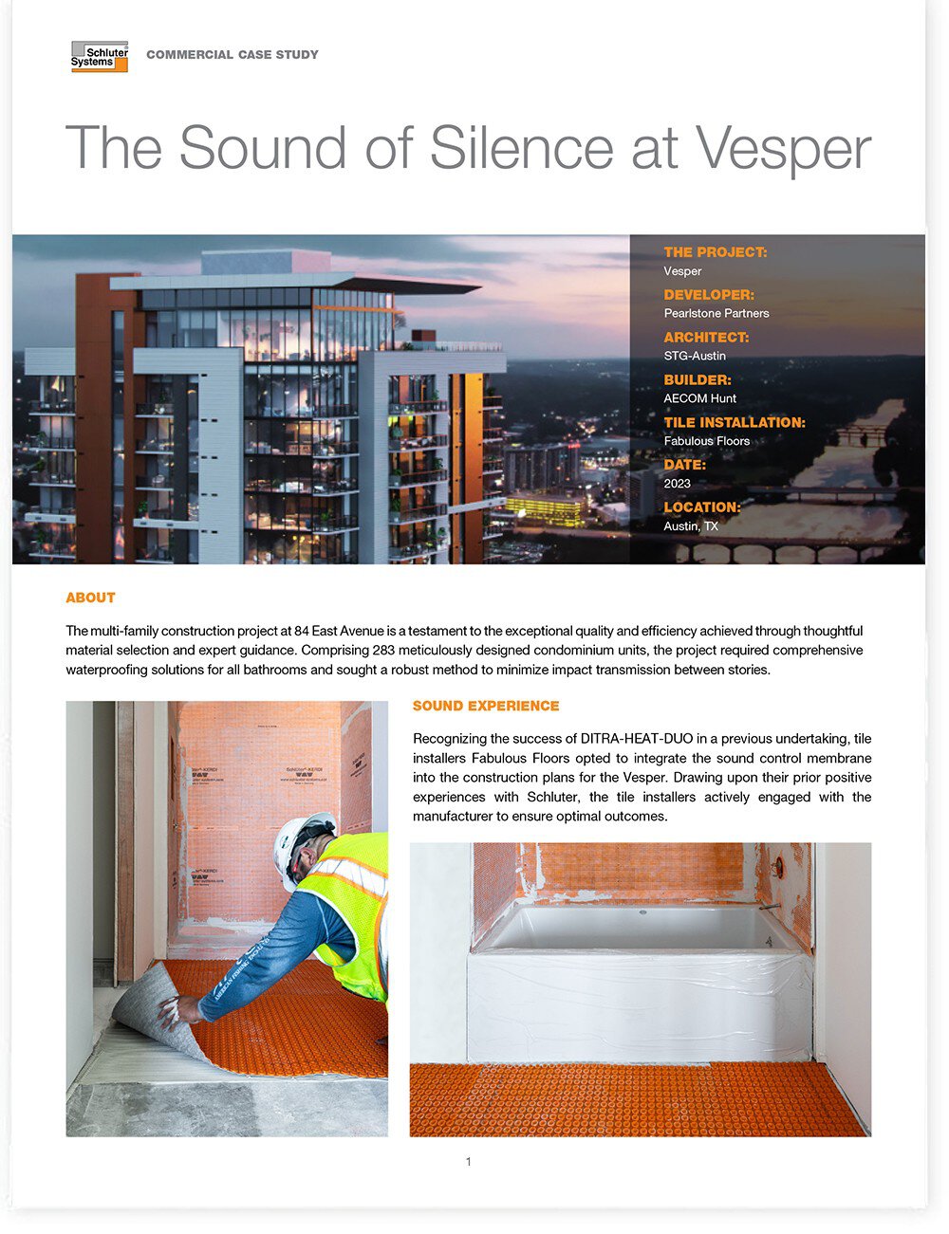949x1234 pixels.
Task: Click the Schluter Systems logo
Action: click(x=99, y=57)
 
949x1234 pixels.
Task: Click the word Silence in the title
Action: click(x=520, y=148)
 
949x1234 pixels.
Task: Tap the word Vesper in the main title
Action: click(x=783, y=148)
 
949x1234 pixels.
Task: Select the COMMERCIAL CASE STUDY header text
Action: click(x=233, y=55)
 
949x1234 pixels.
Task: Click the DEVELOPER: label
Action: click(x=709, y=295)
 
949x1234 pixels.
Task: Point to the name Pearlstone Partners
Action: click(x=716, y=313)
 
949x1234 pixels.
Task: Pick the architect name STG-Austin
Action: click(x=695, y=356)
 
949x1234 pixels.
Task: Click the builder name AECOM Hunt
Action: click(x=699, y=398)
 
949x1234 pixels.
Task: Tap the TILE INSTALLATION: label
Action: click(x=735, y=423)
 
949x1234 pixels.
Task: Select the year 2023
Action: click(x=677, y=484)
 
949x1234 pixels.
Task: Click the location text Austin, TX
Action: click(x=691, y=526)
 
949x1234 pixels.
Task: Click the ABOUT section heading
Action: click(x=90, y=598)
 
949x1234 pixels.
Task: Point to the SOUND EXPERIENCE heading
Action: click(x=486, y=706)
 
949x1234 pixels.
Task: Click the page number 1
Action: click(x=468, y=1162)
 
